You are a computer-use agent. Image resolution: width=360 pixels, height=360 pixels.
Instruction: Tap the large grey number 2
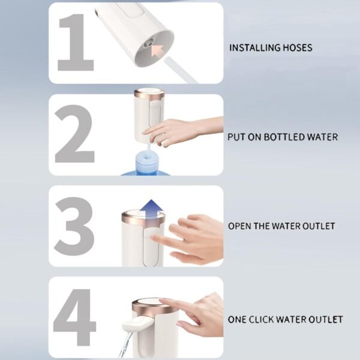pos(74,136)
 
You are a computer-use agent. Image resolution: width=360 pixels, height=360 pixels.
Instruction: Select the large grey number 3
pos(74,226)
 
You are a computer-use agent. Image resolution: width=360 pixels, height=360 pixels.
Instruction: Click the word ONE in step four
pos(238,319)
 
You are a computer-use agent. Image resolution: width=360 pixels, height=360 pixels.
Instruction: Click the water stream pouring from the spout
pos(125,345)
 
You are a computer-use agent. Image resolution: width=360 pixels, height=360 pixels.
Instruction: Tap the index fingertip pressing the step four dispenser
pos(164,302)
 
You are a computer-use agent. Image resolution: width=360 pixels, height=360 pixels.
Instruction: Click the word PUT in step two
pos(236,137)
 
